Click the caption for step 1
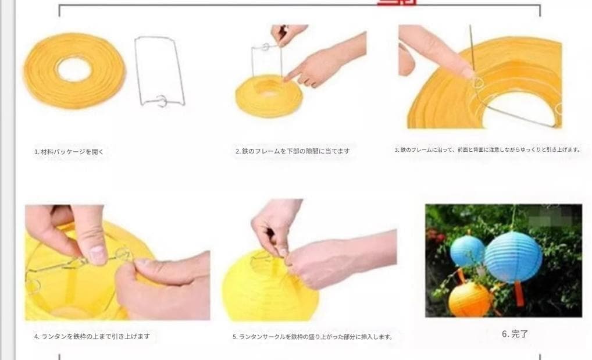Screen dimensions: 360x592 coord(69,152)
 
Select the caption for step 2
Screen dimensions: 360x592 coord(293,151)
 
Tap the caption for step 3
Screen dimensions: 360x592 coord(487,149)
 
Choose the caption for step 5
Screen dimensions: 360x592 coord(312,336)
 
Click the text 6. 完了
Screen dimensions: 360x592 coord(515,334)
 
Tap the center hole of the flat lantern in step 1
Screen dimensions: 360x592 coord(74,69)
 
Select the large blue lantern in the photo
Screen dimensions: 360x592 coord(513,256)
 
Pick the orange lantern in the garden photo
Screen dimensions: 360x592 coord(470,299)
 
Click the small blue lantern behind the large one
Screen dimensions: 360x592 coord(467,251)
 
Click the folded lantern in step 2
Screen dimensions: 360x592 coord(268,96)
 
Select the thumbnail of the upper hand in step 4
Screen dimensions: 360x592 coord(98,254)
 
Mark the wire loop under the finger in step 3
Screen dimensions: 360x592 coord(478,83)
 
